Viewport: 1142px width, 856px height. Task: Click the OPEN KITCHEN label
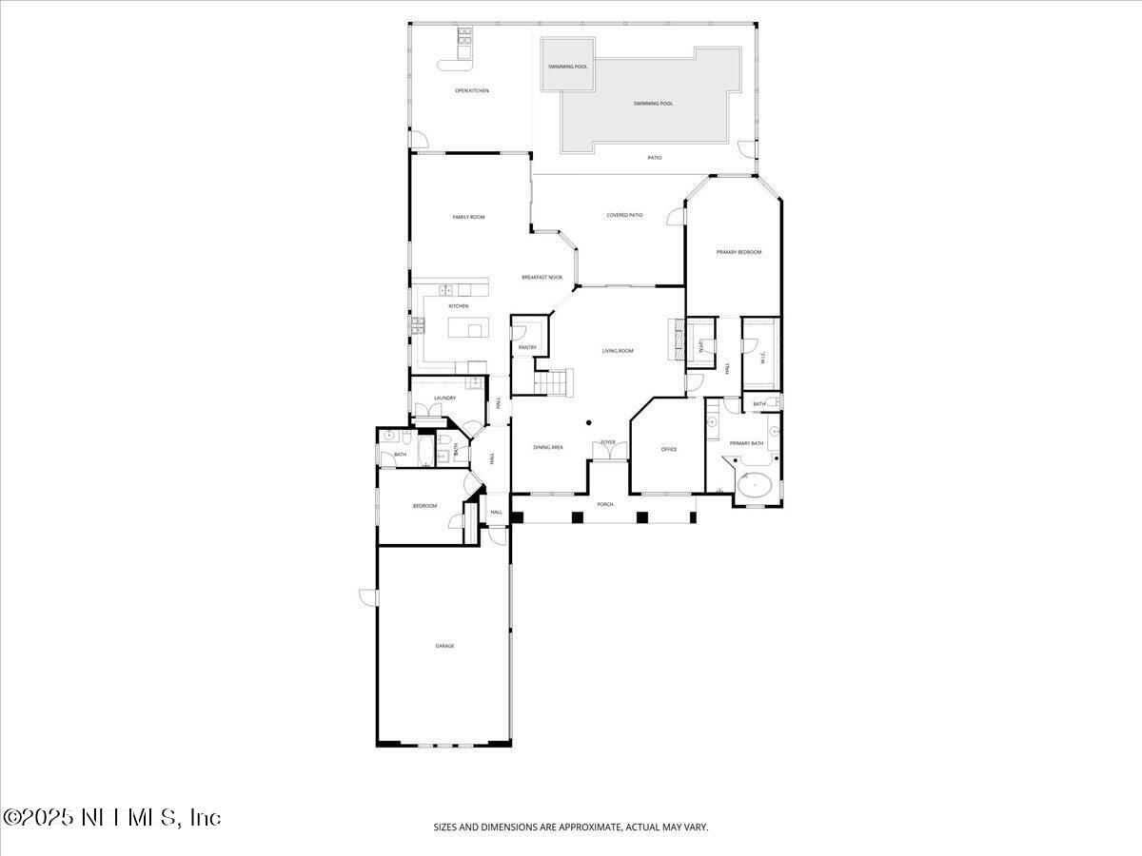click(x=471, y=90)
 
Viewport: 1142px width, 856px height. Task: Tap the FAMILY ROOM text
click(x=468, y=217)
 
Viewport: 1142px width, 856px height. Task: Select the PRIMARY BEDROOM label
click(x=738, y=252)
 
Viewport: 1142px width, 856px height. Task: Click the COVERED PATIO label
click(x=624, y=215)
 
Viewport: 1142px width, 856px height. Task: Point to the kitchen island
click(x=466, y=328)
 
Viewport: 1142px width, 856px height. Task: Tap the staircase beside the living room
click(x=551, y=382)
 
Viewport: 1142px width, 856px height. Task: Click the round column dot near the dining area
click(x=589, y=422)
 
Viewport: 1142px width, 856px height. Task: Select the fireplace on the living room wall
click(x=677, y=338)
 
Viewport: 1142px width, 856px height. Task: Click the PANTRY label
click(x=527, y=347)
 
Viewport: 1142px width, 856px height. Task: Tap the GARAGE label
click(x=444, y=646)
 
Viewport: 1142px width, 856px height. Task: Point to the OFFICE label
click(x=669, y=449)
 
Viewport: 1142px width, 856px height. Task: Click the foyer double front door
click(x=608, y=451)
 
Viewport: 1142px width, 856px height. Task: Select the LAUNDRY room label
click(x=444, y=398)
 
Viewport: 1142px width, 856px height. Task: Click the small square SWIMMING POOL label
click(x=567, y=67)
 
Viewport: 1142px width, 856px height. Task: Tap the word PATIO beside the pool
click(x=655, y=157)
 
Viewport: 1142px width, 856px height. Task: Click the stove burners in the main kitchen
click(x=417, y=328)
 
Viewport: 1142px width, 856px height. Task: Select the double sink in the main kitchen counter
click(x=444, y=289)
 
